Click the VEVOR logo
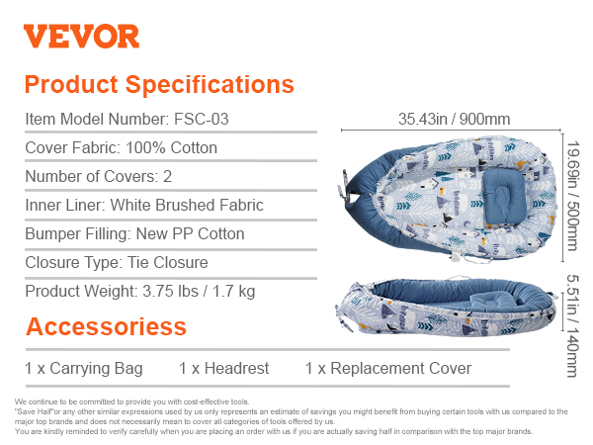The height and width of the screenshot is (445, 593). [81, 37]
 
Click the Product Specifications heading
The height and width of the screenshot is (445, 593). [159, 84]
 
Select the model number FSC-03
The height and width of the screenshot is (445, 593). [202, 119]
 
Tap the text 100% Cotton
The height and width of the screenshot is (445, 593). [171, 147]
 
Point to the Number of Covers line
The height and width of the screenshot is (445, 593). [98, 176]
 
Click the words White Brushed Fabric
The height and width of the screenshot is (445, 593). [187, 205]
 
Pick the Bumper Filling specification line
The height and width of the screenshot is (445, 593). [134, 233]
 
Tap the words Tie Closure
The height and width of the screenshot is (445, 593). [168, 263]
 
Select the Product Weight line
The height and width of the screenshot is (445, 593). [140, 292]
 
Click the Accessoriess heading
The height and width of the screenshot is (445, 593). [107, 326]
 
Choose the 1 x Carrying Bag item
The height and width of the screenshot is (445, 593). [84, 368]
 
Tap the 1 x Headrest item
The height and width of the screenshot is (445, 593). [224, 368]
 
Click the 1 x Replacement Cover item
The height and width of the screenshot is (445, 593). [388, 368]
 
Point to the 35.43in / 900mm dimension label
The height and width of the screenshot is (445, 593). [455, 119]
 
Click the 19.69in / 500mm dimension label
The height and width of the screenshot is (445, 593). [573, 196]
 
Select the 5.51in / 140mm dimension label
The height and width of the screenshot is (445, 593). [573, 325]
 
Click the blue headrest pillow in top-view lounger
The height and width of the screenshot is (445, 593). [504, 196]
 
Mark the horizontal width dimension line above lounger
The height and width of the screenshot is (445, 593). [451, 131]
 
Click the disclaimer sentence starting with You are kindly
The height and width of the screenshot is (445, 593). [274, 431]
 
